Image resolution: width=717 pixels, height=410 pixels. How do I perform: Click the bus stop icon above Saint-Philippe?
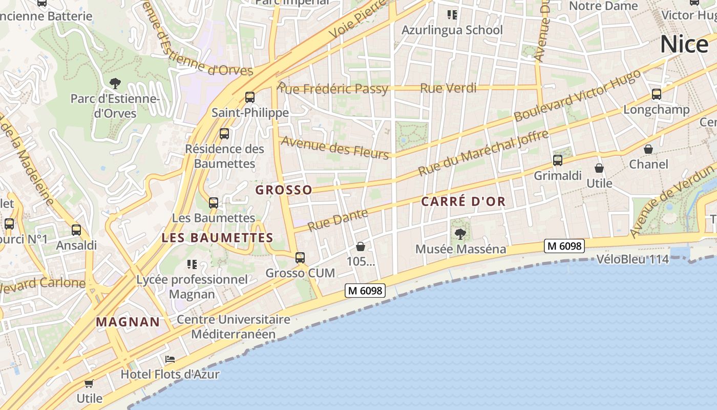click(250, 97)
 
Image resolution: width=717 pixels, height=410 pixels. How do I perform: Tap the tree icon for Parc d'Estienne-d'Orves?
click(115, 83)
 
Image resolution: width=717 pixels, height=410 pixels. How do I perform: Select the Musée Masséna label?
click(460, 249)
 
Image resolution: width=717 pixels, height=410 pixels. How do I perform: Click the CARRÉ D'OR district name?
click(463, 201)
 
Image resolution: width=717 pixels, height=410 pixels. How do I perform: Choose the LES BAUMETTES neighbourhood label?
click(217, 238)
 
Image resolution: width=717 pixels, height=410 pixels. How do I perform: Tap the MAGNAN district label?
click(128, 322)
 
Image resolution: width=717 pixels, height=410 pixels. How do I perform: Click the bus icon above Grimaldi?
click(558, 160)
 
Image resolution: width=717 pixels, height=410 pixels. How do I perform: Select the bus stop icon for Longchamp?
click(657, 94)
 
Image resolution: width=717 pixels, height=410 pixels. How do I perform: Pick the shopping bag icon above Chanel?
click(648, 149)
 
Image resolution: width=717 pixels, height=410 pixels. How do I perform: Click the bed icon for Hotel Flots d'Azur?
click(170, 359)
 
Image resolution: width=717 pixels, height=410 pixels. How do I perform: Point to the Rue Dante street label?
click(338, 220)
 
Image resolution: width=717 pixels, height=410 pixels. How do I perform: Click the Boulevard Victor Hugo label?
click(577, 95)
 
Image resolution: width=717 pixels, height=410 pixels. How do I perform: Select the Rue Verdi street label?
click(448, 88)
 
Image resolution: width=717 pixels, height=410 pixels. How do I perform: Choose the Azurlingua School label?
click(452, 30)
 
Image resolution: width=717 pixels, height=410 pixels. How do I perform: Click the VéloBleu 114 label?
click(632, 259)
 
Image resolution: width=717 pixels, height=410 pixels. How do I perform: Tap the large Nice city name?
click(684, 44)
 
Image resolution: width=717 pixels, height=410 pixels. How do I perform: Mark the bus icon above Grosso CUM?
click(300, 258)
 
